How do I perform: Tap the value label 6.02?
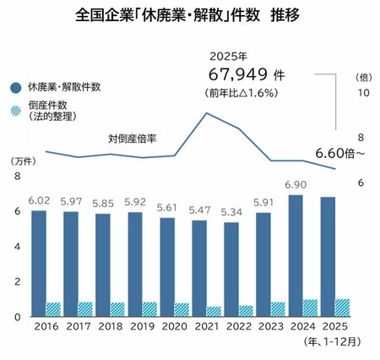click(39, 199)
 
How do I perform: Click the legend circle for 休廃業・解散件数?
click(17, 87)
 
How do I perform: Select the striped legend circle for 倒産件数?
click(17, 111)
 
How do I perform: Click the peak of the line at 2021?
click(206, 113)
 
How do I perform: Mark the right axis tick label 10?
click(362, 92)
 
